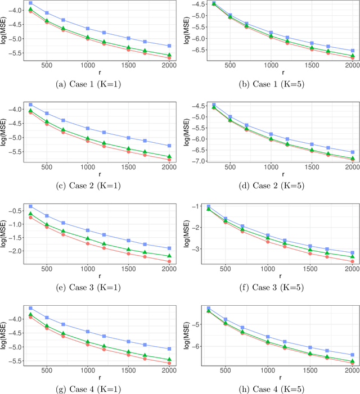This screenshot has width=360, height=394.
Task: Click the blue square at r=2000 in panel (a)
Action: tap(170, 46)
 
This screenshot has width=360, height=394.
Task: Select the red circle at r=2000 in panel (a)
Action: tap(170, 58)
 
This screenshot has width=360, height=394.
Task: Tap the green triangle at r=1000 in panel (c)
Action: tap(88, 138)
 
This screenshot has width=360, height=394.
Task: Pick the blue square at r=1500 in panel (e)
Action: tap(129, 240)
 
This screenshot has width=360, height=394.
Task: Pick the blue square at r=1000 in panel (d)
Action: tap(271, 134)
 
